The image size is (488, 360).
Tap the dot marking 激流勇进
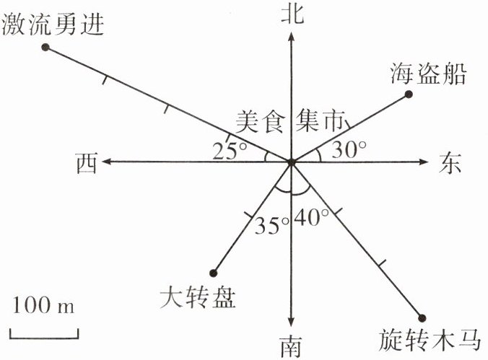tap(45, 48)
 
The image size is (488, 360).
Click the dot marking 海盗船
tap(409, 95)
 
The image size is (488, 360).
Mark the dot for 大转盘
tap(213, 272)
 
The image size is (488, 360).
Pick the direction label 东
tap(449, 164)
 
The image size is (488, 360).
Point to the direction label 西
tap(85, 164)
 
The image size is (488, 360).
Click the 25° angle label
tap(230, 151)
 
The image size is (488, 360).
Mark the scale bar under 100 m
tap(43, 333)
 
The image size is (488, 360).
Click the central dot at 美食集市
tap(291, 163)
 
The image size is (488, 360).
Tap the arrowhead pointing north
tap(290, 38)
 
